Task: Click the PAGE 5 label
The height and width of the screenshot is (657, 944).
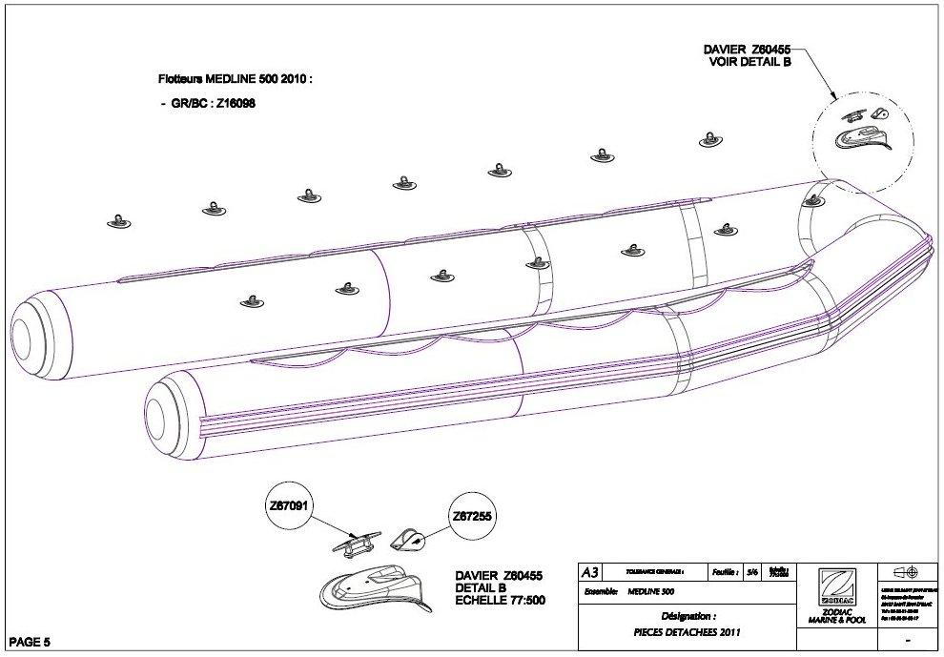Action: pos(30,641)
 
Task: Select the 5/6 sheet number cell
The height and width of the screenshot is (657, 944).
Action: pos(752,572)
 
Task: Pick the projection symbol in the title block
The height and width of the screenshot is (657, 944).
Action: pos(905,572)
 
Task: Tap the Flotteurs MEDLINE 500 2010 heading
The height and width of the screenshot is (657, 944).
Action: pos(235,80)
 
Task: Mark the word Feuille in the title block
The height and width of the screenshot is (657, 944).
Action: pos(725,572)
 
